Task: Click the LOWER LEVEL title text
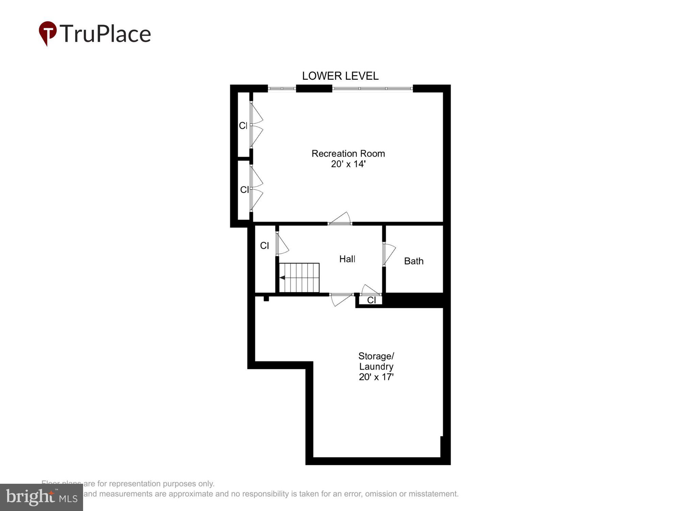[340, 76]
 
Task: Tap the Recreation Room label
[348, 154]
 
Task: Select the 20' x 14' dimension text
[348, 164]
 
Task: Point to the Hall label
[347, 259]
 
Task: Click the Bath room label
[414, 261]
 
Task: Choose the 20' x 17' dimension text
[376, 377]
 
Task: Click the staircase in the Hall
[299, 278]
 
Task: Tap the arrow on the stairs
[282, 278]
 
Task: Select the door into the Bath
[388, 254]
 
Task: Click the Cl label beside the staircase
[265, 246]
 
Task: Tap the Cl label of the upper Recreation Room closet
[243, 126]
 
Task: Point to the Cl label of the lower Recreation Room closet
[244, 190]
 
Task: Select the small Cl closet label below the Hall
[371, 300]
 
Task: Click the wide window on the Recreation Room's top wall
[373, 89]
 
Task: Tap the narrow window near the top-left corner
[282, 89]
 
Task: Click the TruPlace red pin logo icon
[47, 33]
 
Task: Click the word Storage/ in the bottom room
[376, 356]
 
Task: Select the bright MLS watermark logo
[42, 497]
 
